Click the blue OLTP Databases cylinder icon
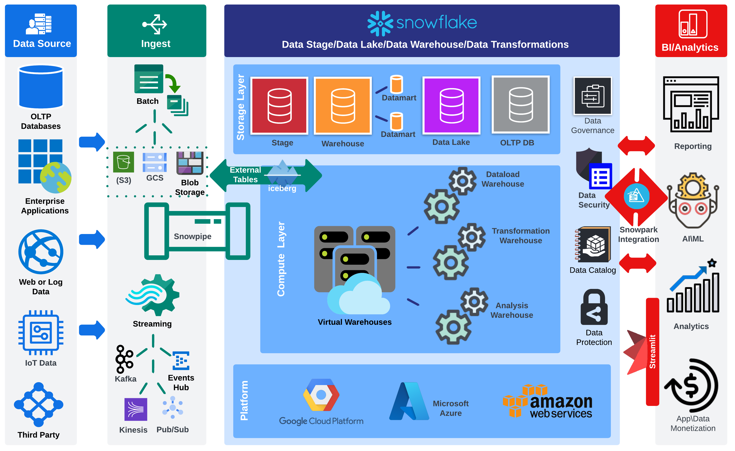(x=41, y=87)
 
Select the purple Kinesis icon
(x=136, y=409)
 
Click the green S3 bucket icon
(x=123, y=162)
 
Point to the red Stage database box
(x=279, y=105)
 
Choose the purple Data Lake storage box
(x=451, y=105)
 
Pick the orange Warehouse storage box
(x=343, y=105)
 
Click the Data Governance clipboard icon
(x=592, y=96)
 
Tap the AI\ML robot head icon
(x=693, y=203)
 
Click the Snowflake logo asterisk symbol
(x=380, y=23)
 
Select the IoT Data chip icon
(x=41, y=333)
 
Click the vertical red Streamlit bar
(x=652, y=352)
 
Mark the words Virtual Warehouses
(x=354, y=322)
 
